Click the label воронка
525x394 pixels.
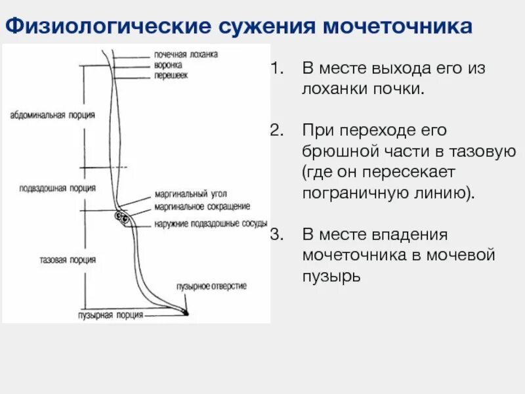coord(168,65)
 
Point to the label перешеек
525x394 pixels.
coord(171,76)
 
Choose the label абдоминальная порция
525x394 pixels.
coord(52,115)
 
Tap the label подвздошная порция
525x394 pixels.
coord(58,188)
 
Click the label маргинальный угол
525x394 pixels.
coord(182,195)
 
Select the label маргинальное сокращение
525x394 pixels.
coord(202,206)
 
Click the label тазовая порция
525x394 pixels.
coord(67,259)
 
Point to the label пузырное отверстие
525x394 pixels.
coord(211,286)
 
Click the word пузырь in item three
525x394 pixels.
coord(331,276)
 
